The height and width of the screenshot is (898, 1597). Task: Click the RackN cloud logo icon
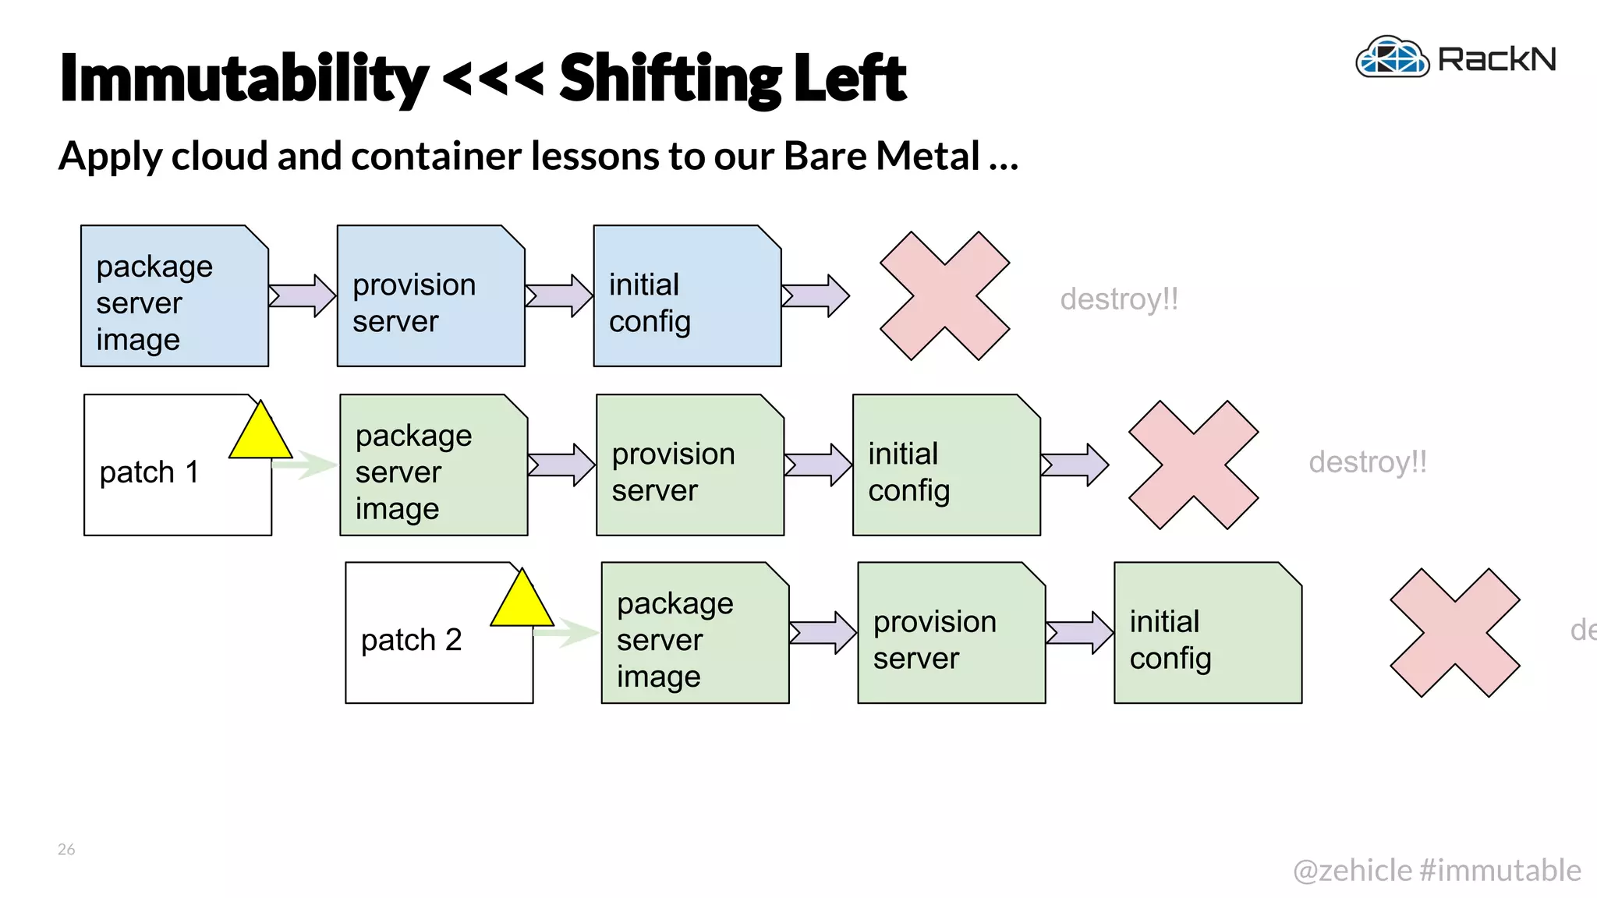pyautogui.click(x=1393, y=58)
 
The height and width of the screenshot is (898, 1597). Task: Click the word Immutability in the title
pyautogui.click(x=243, y=78)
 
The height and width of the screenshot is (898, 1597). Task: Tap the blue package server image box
pyautogui.click(x=174, y=297)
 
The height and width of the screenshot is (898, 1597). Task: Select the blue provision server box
pyautogui.click(x=430, y=297)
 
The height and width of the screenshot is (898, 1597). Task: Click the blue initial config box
pyautogui.click(x=686, y=297)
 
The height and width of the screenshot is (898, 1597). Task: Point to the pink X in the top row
pyautogui.click(x=944, y=295)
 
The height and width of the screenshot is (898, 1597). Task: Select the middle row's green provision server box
pyautogui.click(x=689, y=466)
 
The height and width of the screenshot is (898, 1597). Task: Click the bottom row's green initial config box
pyautogui.click(x=1207, y=634)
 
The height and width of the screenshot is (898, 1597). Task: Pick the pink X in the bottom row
pyautogui.click(x=1454, y=632)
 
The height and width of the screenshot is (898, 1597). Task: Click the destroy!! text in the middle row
pyautogui.click(x=1367, y=462)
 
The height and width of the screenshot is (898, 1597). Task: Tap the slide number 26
pyautogui.click(x=66, y=849)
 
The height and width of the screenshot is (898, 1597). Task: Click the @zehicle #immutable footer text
pyautogui.click(x=1436, y=870)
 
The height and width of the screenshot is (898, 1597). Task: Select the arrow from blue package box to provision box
pyautogui.click(x=303, y=295)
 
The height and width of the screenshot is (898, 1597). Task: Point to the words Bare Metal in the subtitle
pyautogui.click(x=881, y=156)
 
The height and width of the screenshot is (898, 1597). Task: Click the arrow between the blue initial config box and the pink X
pyautogui.click(x=816, y=295)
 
